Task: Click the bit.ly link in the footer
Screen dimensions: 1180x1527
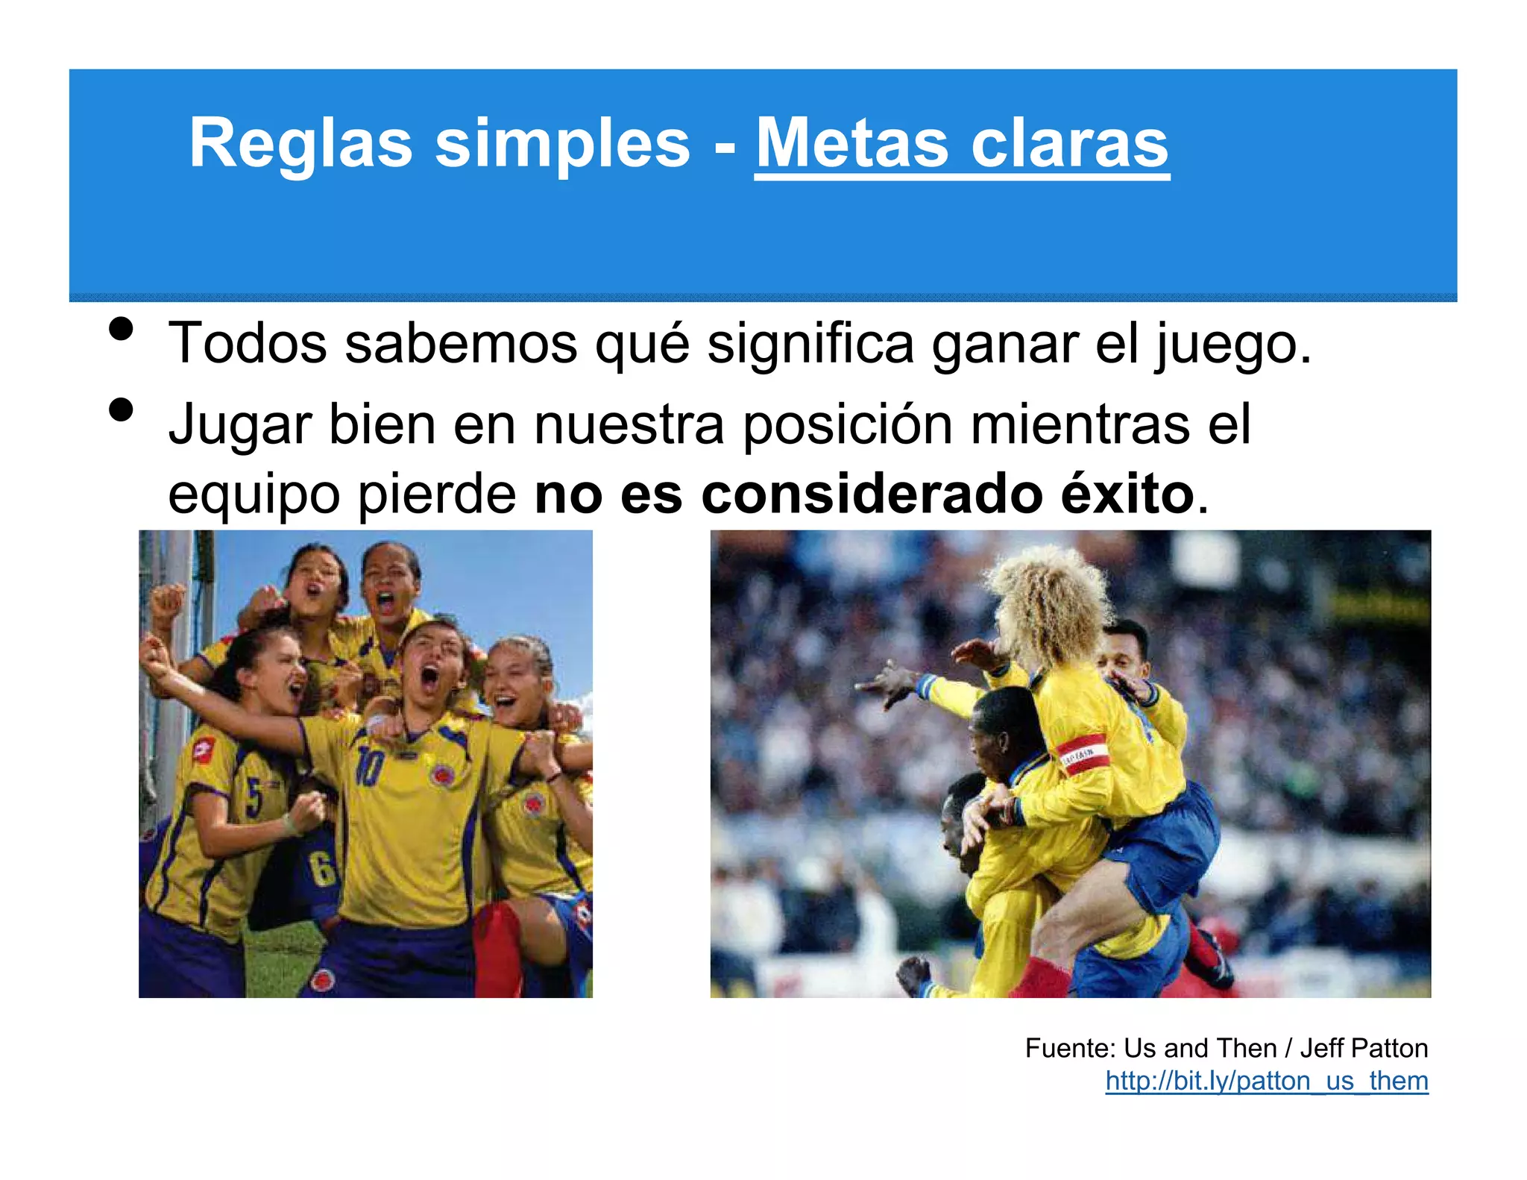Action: (1266, 1080)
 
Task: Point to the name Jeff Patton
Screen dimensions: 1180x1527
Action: (1364, 1048)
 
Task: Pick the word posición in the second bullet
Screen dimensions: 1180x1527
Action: (848, 424)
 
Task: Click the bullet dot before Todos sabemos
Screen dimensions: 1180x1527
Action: (120, 329)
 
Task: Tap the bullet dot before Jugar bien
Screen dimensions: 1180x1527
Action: (120, 409)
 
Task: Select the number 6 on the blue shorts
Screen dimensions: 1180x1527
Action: (323, 868)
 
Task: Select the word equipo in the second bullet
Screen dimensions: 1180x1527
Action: (254, 495)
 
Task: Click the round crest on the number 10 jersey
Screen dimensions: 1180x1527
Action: (443, 774)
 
